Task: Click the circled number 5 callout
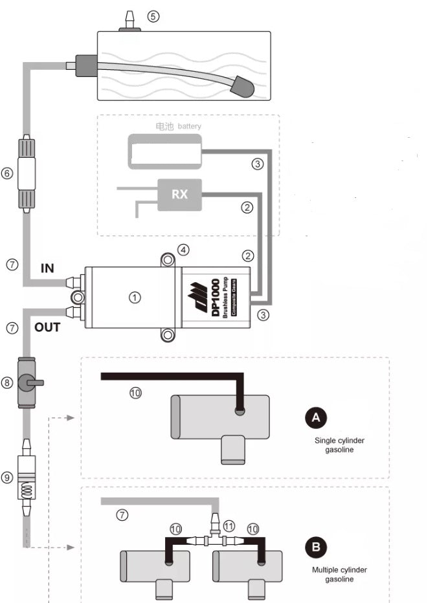click(x=153, y=17)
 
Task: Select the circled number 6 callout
click(x=7, y=173)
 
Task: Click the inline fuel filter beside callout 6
click(x=26, y=173)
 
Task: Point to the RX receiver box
click(x=179, y=193)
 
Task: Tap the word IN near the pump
click(x=47, y=267)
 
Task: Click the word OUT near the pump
click(x=47, y=327)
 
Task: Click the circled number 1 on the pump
click(x=134, y=298)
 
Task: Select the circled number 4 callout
click(x=184, y=249)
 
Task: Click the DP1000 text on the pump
click(x=216, y=298)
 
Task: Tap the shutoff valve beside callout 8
click(x=28, y=382)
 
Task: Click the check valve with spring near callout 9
click(x=27, y=479)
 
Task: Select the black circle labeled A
click(x=316, y=418)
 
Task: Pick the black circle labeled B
click(x=316, y=547)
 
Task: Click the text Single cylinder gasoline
click(x=339, y=445)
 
